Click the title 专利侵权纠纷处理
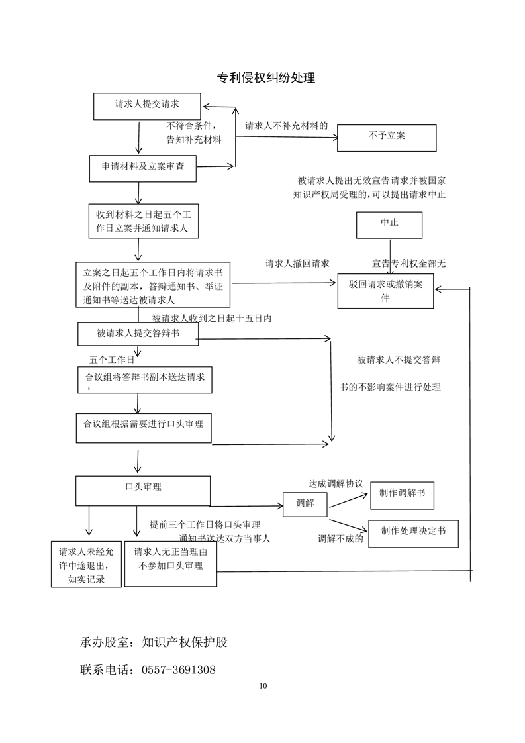(x=266, y=78)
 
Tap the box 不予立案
(x=387, y=137)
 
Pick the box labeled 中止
(x=389, y=224)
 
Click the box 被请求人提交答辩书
(x=138, y=334)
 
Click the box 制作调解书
(x=402, y=494)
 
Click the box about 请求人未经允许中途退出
(x=86, y=565)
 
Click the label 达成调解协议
(x=336, y=483)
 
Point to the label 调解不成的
(x=340, y=538)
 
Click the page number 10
(x=263, y=686)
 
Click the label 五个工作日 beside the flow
(x=112, y=360)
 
